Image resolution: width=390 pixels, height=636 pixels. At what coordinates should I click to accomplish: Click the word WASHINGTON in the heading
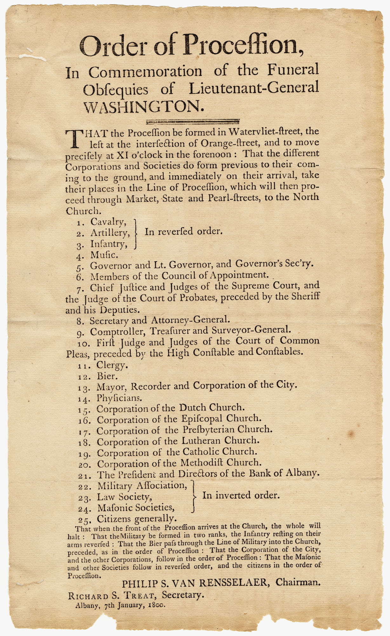point(143,107)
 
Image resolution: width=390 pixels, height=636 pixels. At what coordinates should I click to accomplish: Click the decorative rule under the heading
point(192,121)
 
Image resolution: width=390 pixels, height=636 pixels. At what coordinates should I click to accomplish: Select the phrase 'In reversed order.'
point(184,232)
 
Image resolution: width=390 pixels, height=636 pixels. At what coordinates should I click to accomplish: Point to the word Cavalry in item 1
point(108,222)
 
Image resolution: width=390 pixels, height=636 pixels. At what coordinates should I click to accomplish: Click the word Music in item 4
point(104,255)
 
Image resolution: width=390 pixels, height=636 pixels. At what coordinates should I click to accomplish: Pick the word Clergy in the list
point(112,365)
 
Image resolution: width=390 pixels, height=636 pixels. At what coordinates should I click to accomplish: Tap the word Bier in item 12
point(107,376)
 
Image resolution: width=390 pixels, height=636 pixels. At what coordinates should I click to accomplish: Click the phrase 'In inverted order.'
point(241,495)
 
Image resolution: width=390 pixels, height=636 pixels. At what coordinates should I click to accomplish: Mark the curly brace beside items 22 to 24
point(193,496)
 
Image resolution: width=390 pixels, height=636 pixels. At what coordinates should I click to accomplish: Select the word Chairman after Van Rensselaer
point(298,582)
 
